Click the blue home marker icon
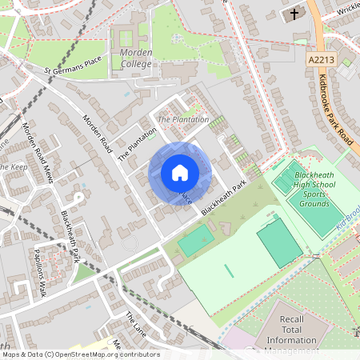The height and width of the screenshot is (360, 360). click(179, 173)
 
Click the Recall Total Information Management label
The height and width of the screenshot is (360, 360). click(292, 335)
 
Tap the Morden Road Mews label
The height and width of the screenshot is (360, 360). click(38, 152)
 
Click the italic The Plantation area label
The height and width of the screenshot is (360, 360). click(182, 120)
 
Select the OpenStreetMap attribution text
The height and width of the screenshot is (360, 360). click(80, 354)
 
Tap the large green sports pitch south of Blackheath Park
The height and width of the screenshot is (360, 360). click(280, 242)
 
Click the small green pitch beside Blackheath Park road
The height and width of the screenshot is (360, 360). click(195, 240)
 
